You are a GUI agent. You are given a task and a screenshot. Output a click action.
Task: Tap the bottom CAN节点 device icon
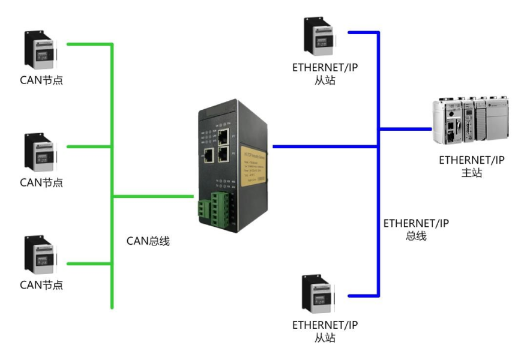pos(41,255)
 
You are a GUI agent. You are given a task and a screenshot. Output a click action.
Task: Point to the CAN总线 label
pos(148,241)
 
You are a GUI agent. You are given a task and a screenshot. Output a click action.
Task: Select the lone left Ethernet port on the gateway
pos(208,156)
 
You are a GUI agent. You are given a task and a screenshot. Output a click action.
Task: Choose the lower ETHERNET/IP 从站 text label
pos(325,331)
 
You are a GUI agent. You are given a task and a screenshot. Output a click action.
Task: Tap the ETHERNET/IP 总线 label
pos(416,229)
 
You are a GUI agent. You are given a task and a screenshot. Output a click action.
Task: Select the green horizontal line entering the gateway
pos(153,196)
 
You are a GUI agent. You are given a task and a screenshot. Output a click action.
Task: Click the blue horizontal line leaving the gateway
pos(324,146)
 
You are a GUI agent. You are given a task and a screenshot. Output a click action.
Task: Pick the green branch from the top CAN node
pos(89,44)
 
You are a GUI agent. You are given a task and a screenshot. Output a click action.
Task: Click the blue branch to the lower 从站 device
pos(363,295)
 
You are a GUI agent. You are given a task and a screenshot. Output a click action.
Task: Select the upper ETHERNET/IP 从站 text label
pos(325,74)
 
